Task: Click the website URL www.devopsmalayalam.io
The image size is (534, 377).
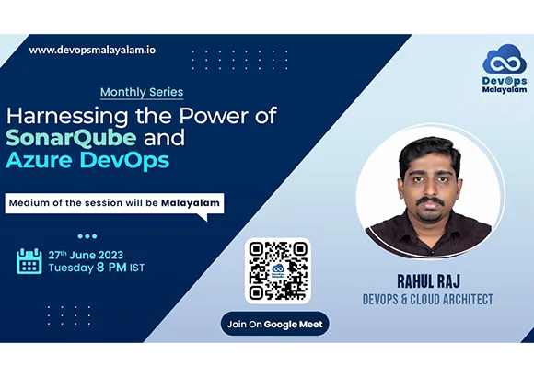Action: tap(92, 51)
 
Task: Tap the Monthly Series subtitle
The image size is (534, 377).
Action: tap(142, 92)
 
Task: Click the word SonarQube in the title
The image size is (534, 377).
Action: tap(71, 138)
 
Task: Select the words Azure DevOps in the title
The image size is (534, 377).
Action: tap(87, 160)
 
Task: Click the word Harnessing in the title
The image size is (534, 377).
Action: tap(67, 117)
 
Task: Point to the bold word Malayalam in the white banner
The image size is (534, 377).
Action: tap(191, 203)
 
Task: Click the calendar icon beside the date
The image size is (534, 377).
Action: tap(29, 261)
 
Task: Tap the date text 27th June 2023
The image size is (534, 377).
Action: tap(86, 255)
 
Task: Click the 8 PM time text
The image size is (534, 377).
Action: tap(111, 267)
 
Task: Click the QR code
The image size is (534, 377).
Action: tap(278, 271)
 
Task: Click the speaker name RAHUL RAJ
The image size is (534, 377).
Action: tap(428, 281)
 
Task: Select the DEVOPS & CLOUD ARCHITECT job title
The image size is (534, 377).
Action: tap(428, 300)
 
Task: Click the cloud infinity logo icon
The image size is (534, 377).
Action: tap(505, 59)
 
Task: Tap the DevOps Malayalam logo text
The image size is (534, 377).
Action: tap(505, 86)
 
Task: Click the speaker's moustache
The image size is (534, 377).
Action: tap(431, 201)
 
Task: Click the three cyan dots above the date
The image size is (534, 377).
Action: tap(87, 236)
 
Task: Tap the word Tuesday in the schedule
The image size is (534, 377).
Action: tap(71, 268)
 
